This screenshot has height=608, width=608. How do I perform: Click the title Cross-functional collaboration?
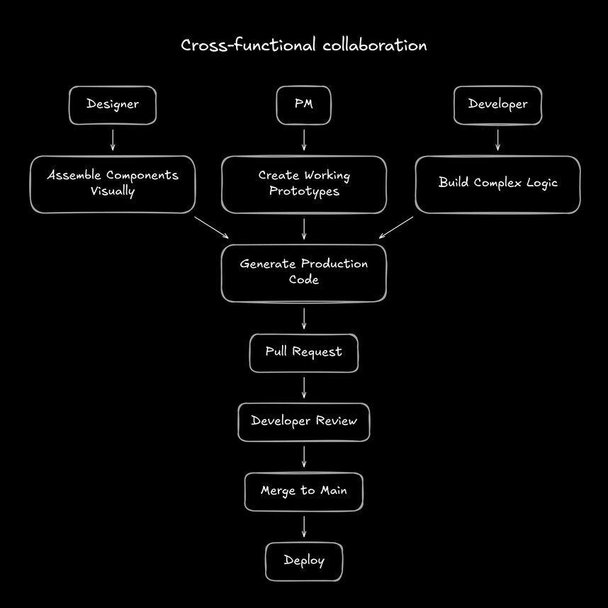coord(303,46)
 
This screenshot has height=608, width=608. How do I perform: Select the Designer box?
coord(112,105)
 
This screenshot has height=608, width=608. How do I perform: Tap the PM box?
coord(303,105)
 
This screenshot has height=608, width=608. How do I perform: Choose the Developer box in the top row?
coord(497,105)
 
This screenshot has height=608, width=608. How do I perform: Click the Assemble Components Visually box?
coord(112,184)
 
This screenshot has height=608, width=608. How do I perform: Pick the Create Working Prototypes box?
coord(303,184)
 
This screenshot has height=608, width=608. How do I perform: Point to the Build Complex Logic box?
coord(497,184)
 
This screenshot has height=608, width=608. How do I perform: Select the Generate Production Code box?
coord(303,272)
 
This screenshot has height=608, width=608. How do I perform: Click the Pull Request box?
coord(303,352)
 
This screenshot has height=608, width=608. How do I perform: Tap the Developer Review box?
coord(303,422)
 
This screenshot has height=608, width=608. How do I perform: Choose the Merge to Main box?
coord(303,491)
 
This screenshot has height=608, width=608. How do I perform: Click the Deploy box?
coord(303,561)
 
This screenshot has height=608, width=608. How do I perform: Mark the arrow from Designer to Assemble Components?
coord(112,140)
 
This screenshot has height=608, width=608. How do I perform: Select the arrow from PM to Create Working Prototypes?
coord(303,140)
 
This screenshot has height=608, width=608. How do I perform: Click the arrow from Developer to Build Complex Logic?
coord(497,140)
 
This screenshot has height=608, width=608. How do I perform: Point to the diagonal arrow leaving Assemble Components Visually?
coord(211,227)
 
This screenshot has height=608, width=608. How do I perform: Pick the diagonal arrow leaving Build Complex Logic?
coord(397,227)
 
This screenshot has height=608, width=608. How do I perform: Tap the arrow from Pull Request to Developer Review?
coord(303,387)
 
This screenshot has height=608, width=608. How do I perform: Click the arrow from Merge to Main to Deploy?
coord(303,527)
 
